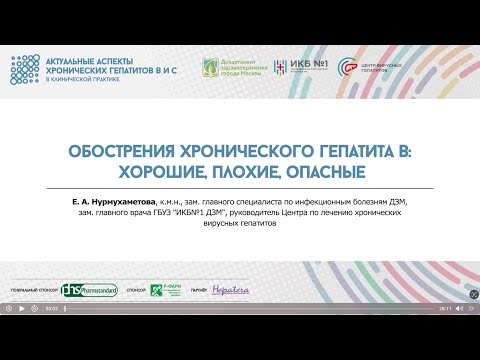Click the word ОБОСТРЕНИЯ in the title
tap(119, 154)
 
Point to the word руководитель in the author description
tap(256, 213)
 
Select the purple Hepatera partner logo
tap(227, 290)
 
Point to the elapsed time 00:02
tap(50, 309)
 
